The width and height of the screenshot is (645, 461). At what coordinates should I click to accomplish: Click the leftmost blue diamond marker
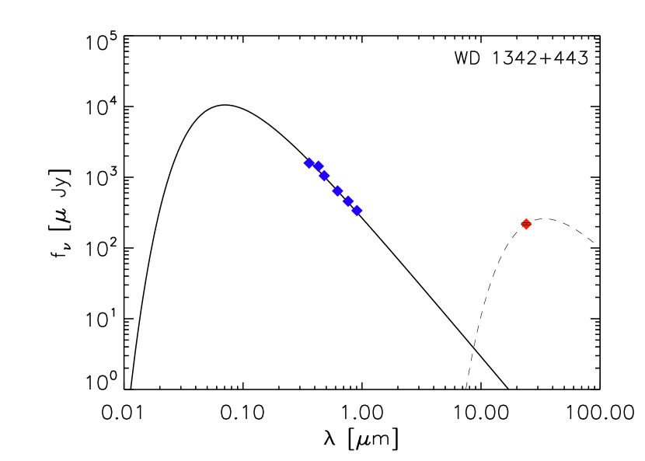click(309, 163)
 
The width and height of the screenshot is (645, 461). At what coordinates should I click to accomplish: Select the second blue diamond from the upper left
click(318, 166)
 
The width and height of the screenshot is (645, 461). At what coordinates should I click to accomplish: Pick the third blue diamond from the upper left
click(324, 176)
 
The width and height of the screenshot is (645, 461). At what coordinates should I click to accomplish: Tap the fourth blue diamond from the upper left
click(337, 190)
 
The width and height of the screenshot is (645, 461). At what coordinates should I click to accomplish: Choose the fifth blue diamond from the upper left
click(348, 201)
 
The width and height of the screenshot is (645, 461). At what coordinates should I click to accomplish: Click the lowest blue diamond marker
click(357, 210)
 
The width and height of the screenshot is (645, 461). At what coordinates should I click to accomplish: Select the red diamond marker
click(526, 224)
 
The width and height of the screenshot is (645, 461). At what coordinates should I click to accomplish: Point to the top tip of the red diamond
click(526, 218)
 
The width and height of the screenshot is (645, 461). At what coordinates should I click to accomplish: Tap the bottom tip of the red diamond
click(526, 230)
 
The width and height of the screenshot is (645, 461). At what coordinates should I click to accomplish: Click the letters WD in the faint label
click(469, 57)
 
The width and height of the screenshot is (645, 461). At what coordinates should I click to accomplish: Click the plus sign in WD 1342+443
click(543, 57)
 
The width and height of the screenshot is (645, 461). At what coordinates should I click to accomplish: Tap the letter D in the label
click(476, 57)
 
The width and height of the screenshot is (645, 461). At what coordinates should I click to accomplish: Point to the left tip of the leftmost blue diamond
click(303, 163)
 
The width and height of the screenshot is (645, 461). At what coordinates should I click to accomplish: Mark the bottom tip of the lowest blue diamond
click(357, 216)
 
